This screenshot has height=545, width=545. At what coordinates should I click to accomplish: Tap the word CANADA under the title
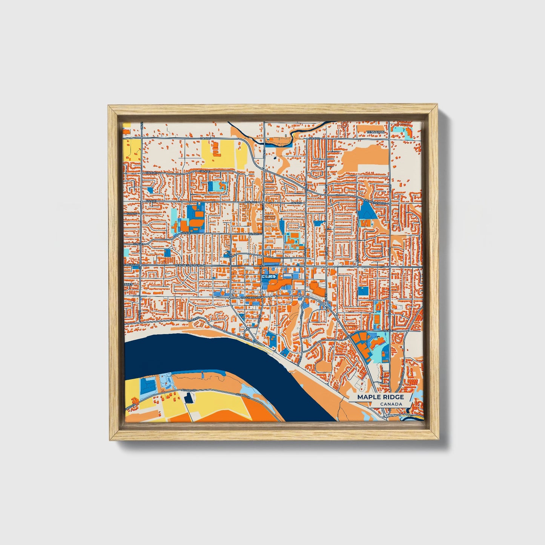click(x=391, y=404)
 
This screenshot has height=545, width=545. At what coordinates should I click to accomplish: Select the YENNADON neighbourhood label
click(x=376, y=132)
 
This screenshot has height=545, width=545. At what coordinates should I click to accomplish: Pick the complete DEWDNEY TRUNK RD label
click(x=189, y=266)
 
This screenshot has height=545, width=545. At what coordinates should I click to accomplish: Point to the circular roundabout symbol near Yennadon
click(x=344, y=124)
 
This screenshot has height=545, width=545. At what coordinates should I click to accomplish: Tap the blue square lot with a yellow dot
click(x=364, y=291)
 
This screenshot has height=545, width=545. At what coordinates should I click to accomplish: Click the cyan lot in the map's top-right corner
click(x=402, y=132)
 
